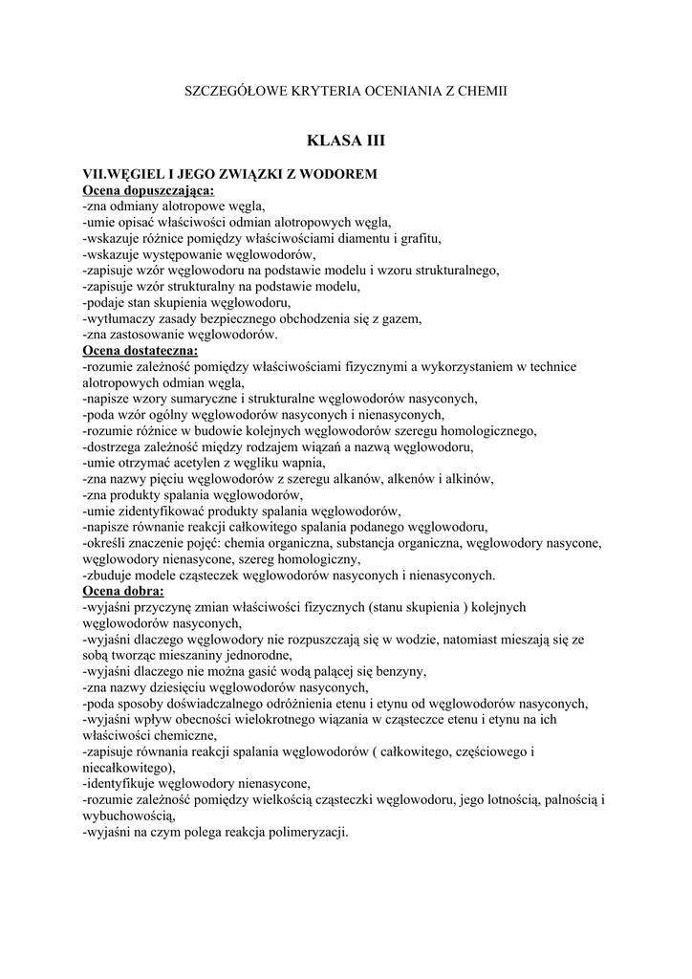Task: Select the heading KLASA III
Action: [345, 141]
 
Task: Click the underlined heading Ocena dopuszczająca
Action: [149, 189]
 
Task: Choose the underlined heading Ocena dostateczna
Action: [141, 351]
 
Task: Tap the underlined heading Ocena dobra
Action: [123, 592]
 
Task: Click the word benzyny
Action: [395, 672]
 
